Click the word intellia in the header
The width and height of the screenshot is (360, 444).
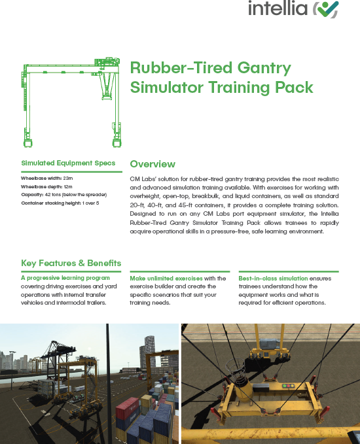(x=278, y=9)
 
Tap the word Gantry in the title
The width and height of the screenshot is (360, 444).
(x=261, y=68)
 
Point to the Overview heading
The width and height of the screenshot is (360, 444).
(x=153, y=163)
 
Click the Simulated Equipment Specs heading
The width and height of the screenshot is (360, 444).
(x=68, y=163)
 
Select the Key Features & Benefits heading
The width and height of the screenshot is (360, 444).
(x=71, y=264)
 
